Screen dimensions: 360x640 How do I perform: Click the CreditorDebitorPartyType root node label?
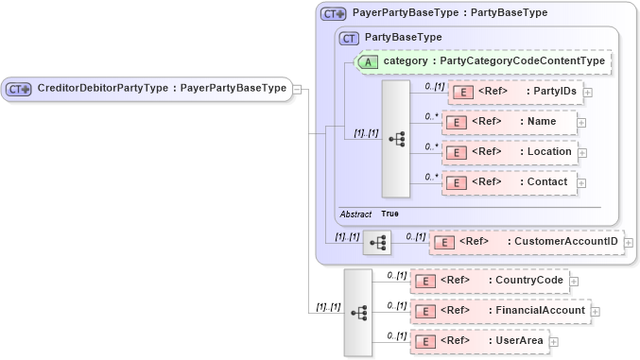click(161, 89)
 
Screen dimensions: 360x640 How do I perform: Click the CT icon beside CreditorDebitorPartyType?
click(20, 89)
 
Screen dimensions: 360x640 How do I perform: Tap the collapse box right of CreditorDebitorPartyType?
click(297, 89)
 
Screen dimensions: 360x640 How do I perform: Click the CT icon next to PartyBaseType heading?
click(350, 38)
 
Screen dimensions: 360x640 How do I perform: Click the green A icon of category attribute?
click(367, 61)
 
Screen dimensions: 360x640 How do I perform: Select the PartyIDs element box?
click(515, 92)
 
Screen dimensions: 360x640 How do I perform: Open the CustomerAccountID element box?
click(526, 242)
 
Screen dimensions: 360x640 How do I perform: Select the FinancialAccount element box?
click(500, 310)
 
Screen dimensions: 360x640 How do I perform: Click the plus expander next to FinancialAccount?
click(596, 311)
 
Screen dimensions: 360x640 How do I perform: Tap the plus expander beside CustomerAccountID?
click(629, 243)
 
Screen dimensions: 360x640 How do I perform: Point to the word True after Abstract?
click(389, 214)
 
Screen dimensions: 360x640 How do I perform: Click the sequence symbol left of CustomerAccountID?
click(377, 243)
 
